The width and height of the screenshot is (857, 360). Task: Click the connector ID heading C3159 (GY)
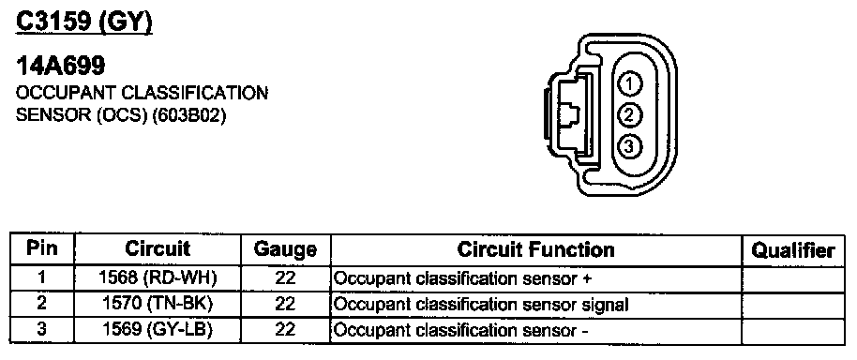(83, 22)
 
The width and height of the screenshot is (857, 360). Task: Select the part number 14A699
(61, 67)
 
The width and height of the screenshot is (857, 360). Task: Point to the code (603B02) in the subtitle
(190, 116)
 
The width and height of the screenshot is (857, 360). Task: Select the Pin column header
(41, 249)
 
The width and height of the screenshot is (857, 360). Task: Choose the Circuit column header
(158, 249)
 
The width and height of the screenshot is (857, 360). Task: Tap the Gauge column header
(285, 250)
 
